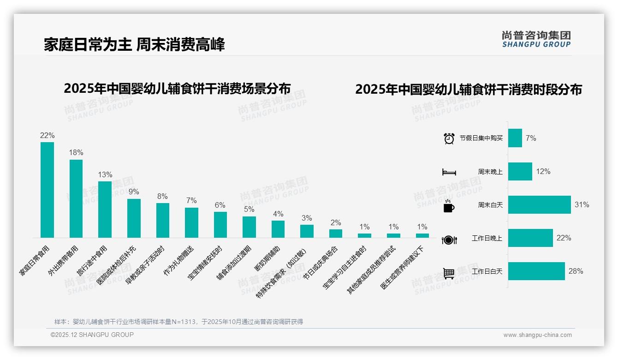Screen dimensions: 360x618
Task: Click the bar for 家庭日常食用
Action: tap(47, 190)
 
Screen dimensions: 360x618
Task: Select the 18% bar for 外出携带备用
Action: tap(76, 198)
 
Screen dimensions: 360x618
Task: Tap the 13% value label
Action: tap(105, 174)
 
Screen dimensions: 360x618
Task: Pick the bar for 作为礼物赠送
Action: tap(191, 222)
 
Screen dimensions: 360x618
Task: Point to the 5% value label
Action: tap(249, 209)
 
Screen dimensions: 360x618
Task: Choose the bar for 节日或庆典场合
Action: tap(336, 234)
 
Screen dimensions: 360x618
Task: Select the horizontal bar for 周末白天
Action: tap(539, 204)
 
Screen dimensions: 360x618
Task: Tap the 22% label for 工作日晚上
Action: tap(564, 238)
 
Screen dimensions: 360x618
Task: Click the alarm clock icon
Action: tap(449, 138)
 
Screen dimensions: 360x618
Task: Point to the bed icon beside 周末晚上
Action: tap(449, 172)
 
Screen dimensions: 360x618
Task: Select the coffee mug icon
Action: tap(449, 206)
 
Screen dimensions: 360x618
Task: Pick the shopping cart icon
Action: tap(449, 273)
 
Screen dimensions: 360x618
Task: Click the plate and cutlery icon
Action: tap(449, 240)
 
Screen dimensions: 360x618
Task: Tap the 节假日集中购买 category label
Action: tap(481, 138)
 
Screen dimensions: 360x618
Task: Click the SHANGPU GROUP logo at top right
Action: tap(536, 39)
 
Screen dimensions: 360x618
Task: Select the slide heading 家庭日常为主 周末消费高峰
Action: tap(134, 45)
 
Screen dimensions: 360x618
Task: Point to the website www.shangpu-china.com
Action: tap(537, 335)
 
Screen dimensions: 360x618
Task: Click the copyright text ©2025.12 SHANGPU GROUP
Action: tap(92, 335)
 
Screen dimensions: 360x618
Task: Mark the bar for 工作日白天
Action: tap(536, 271)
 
